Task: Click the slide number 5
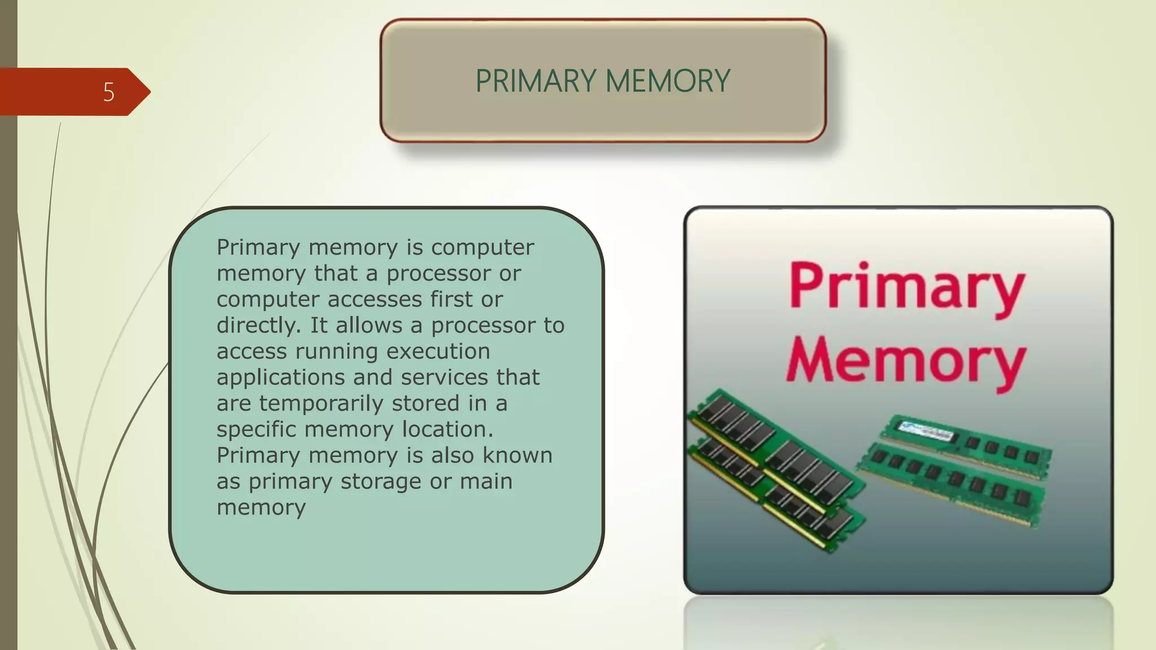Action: pyautogui.click(x=109, y=92)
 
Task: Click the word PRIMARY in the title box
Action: pyautogui.click(x=536, y=81)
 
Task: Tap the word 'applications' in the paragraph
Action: pyautogui.click(x=281, y=377)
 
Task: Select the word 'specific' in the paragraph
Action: pyautogui.click(x=257, y=429)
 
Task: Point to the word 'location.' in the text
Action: pyautogui.click(x=448, y=429)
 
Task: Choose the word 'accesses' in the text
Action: pyautogui.click(x=375, y=300)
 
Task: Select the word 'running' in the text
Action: pyautogui.click(x=336, y=352)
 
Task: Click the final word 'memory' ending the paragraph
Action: pyautogui.click(x=261, y=507)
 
